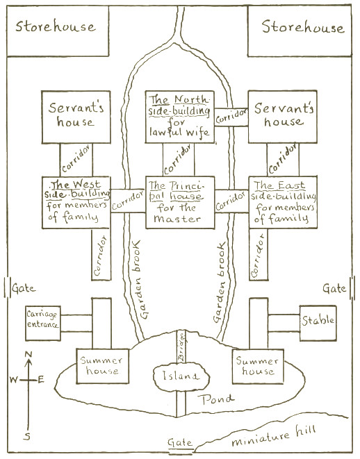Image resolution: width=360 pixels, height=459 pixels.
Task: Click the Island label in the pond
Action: pyautogui.click(x=181, y=376)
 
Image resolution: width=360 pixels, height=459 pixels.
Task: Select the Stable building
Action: pyautogui.click(x=318, y=323)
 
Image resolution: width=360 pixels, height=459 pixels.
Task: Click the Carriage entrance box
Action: pyautogui.click(x=43, y=323)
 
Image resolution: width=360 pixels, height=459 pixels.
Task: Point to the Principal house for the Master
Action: pyautogui.click(x=180, y=202)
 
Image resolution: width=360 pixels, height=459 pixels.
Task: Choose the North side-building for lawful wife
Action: pyautogui.click(x=180, y=117)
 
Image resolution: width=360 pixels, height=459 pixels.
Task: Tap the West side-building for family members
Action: pyautogui.click(x=76, y=202)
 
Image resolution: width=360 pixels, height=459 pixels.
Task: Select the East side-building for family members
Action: pyautogui.click(x=283, y=202)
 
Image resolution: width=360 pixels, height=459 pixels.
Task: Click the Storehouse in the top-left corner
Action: pyautogui.click(x=58, y=31)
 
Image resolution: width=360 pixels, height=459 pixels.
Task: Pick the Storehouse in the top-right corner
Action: pyautogui.click(x=300, y=31)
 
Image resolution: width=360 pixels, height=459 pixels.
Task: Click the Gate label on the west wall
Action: pyautogui.click(x=24, y=289)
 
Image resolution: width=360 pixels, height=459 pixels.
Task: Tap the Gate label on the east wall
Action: pyautogui.click(x=334, y=288)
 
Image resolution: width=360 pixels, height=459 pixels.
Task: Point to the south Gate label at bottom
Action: pyautogui.click(x=180, y=442)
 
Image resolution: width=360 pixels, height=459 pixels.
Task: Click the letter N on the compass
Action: pyautogui.click(x=28, y=355)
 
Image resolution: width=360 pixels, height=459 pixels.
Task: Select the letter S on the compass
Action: pyautogui.click(x=27, y=437)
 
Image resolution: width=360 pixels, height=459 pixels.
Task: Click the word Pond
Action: pyautogui.click(x=216, y=399)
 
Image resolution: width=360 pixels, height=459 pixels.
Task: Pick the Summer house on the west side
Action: pyautogui.click(x=103, y=366)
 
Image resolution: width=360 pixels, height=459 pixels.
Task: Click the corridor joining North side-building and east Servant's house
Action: pyautogui.click(x=231, y=117)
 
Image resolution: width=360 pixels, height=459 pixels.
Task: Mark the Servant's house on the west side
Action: pyautogui.click(x=76, y=117)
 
